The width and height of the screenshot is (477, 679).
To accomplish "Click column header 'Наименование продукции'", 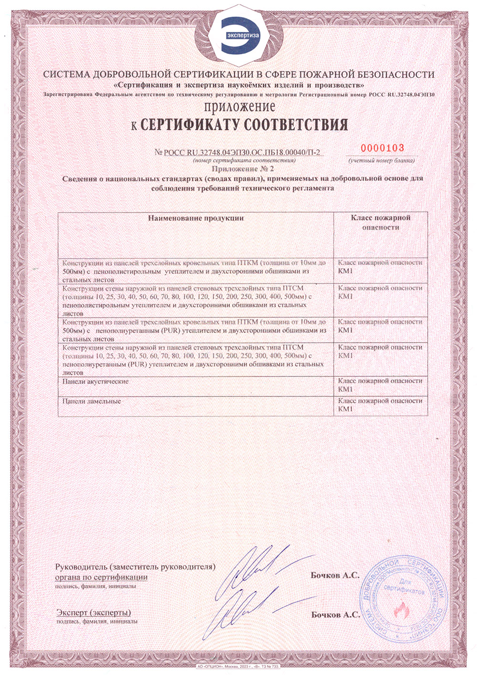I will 196,218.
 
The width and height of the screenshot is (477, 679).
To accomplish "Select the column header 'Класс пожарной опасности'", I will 380,223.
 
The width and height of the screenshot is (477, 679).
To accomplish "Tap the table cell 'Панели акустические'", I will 95,382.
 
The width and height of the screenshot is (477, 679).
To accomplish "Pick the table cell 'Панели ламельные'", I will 92,401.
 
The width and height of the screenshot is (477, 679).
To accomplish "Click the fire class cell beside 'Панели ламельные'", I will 380,405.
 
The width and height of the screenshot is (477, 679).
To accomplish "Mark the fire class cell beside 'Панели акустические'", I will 380,385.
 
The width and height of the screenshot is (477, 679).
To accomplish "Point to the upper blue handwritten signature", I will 258,569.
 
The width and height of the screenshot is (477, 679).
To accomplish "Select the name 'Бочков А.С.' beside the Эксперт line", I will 335,615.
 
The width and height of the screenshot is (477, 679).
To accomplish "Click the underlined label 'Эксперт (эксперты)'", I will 93,612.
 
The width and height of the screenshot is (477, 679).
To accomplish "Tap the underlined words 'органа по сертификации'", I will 101,577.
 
